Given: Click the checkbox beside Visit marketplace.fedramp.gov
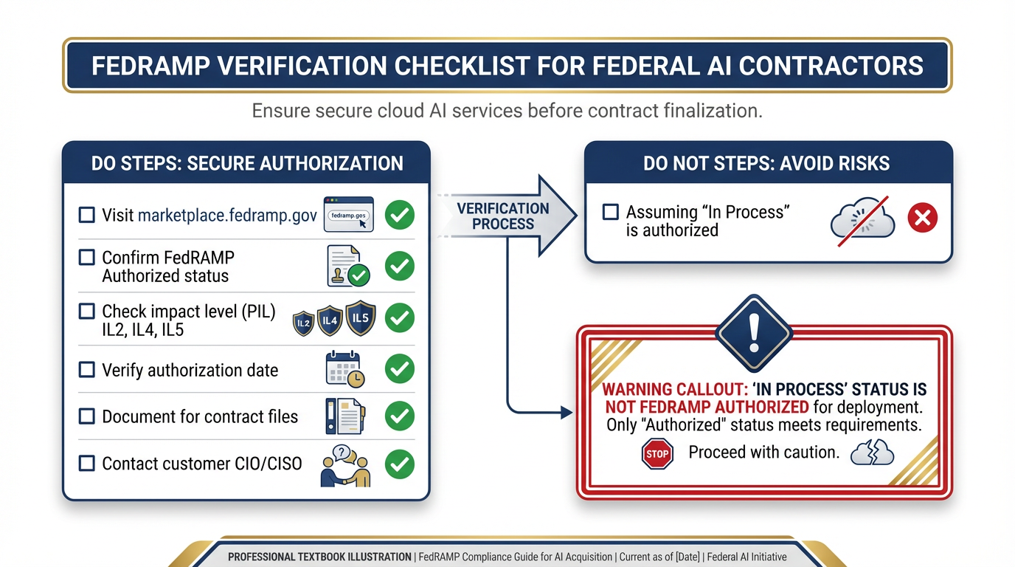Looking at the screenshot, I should coord(87,215).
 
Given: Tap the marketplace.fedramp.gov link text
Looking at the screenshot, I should coord(227,216).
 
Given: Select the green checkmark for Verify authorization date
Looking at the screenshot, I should coord(400,368).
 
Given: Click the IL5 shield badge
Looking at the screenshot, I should coord(361,318).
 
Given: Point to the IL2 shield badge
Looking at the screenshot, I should coord(304,323).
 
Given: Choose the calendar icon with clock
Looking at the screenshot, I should coord(344,369).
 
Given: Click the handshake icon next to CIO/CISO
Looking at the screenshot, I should coord(345,465).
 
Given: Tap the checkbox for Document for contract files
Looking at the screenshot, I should coord(87,416).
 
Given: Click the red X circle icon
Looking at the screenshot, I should coord(922,219).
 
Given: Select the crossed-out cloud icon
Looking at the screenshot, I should coord(862,219).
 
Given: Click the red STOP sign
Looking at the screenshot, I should coord(657,454).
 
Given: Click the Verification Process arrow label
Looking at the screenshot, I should coord(503,216).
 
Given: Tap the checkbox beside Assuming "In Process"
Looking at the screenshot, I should coord(610,213).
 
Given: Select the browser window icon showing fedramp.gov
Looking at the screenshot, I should coord(348,215).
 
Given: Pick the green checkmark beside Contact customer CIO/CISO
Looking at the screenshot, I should coord(400,464).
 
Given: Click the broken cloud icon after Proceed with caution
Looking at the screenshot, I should coord(872,453).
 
